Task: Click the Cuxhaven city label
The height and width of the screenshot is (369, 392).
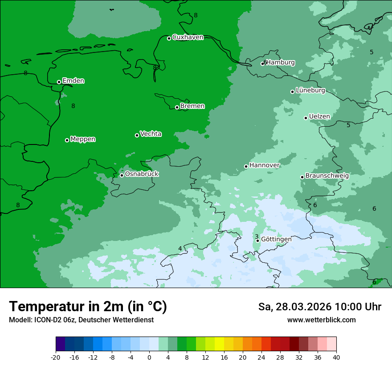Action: coord(188,37)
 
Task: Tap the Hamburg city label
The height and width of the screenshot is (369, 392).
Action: coord(280,63)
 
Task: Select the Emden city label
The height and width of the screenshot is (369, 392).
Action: coord(73,81)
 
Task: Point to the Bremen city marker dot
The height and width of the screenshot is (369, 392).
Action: coord(177,107)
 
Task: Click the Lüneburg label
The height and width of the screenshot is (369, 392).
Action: coord(310,91)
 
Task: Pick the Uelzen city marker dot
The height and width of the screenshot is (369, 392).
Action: coord(306,118)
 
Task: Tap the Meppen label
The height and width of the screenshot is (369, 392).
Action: coord(83,139)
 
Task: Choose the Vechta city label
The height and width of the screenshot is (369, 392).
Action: coord(151,134)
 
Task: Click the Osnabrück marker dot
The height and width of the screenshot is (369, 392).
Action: coord(122,175)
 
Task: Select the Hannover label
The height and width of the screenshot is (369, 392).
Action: coord(265,165)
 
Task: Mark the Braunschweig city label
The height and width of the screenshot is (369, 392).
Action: coord(327,176)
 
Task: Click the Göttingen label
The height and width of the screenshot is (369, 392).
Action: coord(276,239)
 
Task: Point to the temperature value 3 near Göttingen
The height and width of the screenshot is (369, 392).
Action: coord(256,237)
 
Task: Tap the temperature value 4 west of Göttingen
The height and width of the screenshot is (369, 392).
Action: coord(180,249)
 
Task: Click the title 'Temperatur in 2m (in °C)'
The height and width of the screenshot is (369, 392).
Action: coord(88,306)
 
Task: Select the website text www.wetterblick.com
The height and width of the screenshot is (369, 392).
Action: coord(321,320)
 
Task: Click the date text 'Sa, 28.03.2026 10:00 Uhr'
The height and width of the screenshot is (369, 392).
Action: coord(319,307)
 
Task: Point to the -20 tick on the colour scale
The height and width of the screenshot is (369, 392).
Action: coord(56,357)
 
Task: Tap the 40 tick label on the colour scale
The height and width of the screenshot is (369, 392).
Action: coord(336,357)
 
